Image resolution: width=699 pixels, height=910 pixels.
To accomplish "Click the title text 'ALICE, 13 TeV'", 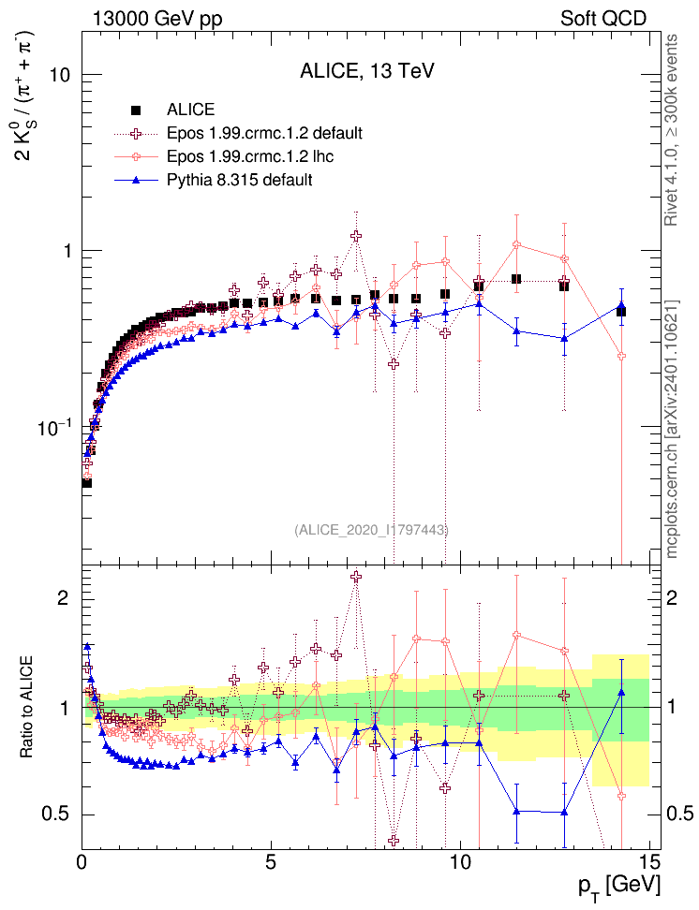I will pyautogui.click(x=366, y=71).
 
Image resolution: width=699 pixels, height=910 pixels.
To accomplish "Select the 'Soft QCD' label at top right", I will pyautogui.click(x=603, y=18).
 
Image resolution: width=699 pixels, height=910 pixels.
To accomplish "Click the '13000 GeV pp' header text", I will pyautogui.click(x=157, y=18).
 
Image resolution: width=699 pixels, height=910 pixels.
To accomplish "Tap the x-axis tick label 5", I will pyautogui.click(x=271, y=860).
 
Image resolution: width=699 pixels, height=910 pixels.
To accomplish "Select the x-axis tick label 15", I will pyautogui.click(x=648, y=860).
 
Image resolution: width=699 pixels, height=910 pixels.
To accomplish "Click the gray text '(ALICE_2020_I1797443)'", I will pyautogui.click(x=371, y=530).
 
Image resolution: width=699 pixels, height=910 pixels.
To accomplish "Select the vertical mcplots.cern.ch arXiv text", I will pyautogui.click(x=671, y=431).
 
